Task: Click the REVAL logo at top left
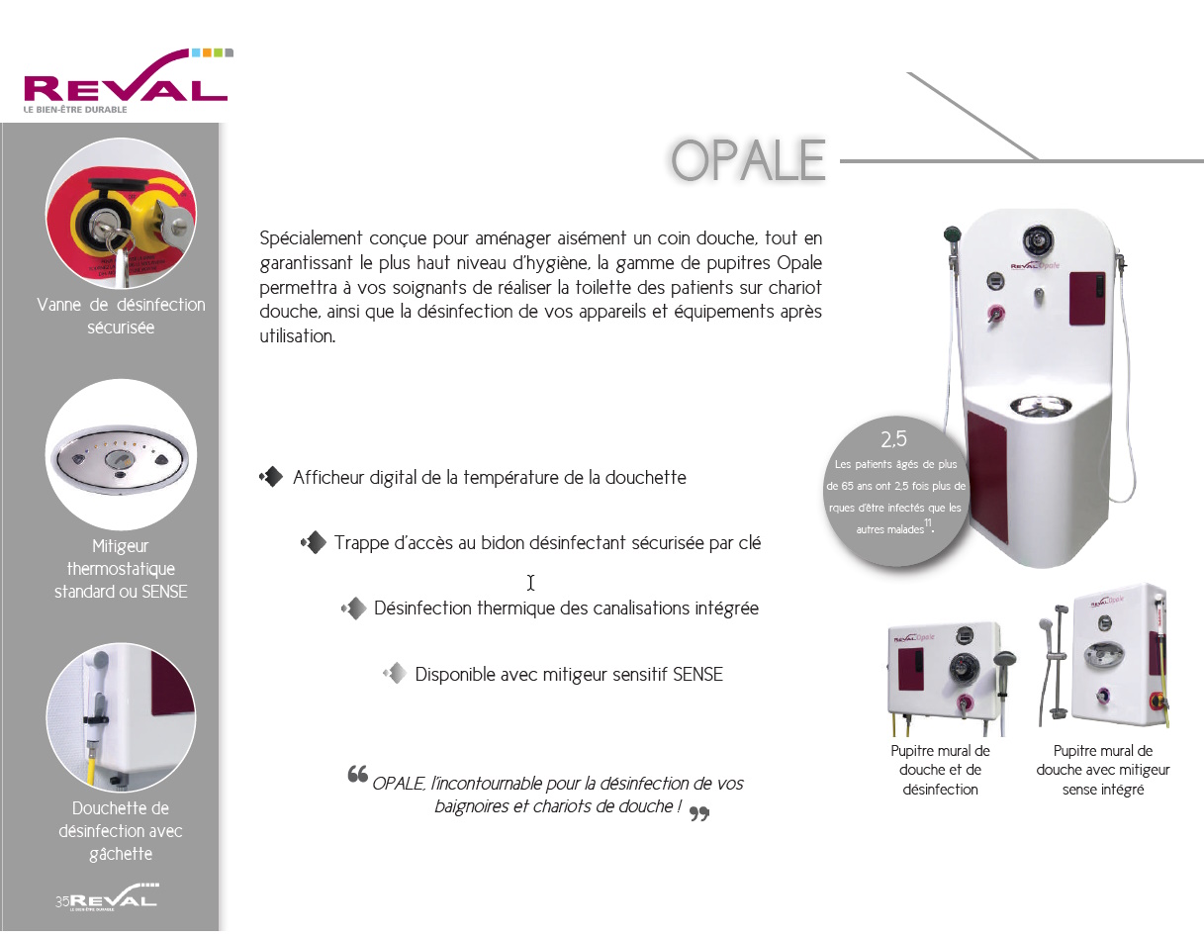125,82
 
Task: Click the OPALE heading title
748,161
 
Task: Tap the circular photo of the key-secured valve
121,214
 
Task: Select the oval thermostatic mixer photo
121,458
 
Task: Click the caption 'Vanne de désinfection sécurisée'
121,316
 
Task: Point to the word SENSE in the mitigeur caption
164,592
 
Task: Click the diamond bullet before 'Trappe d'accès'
314,542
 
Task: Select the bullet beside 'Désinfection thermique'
353,609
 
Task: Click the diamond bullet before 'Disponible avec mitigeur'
395,674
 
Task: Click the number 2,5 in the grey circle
893,439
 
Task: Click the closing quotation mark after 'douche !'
699,813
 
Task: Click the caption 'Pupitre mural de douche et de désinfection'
940,770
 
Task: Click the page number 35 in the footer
62,901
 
